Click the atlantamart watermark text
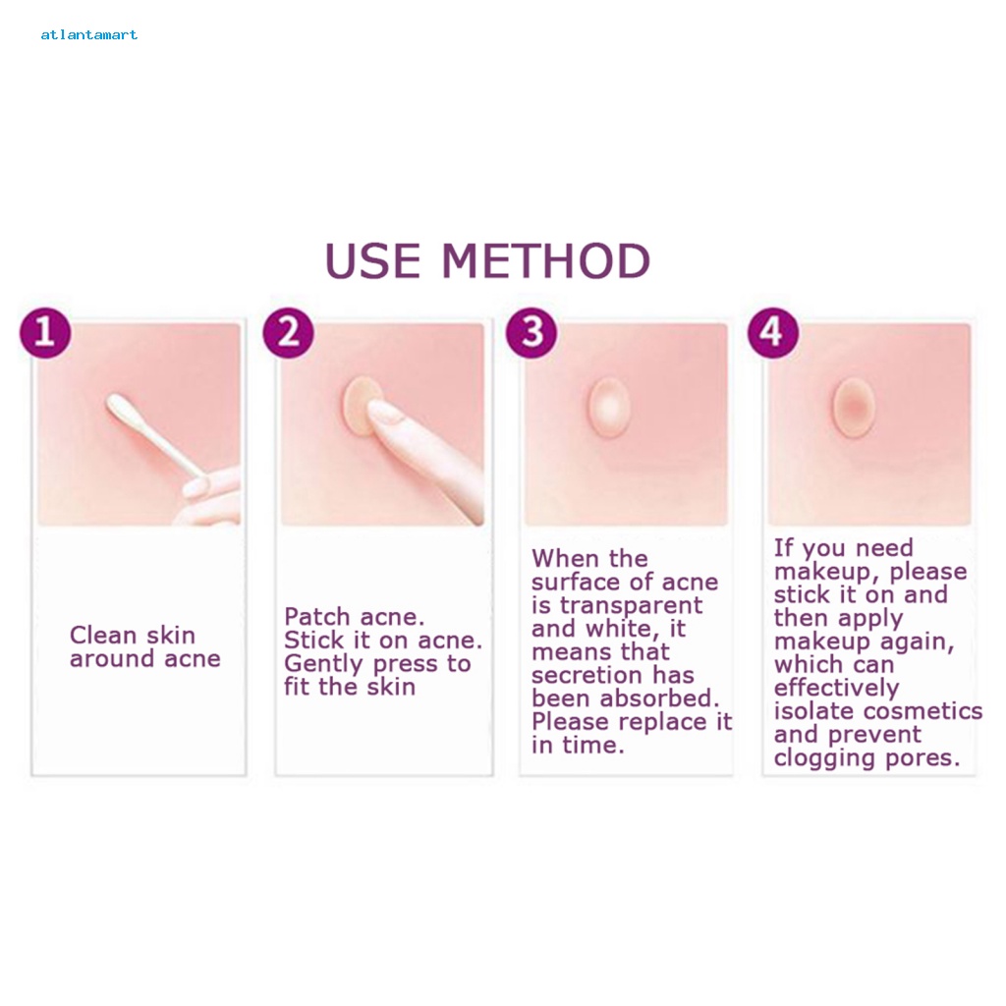point(89,34)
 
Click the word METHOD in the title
point(546,261)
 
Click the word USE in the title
point(372,261)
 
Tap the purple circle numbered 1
point(45,333)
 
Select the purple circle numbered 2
point(288,333)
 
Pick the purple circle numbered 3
point(531,333)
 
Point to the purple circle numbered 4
point(773,333)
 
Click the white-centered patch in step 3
point(609,408)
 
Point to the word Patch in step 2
point(317,617)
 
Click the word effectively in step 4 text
point(837,689)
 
